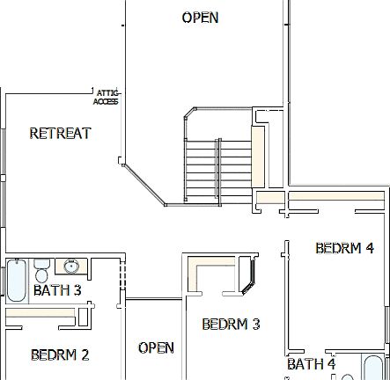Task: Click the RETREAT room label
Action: pos(60,134)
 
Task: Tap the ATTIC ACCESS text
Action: pos(106,97)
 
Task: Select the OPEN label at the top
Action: pos(200,18)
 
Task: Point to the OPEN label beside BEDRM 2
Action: pos(156,348)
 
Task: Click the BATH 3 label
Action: pos(57,290)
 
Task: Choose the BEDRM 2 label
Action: pos(60,355)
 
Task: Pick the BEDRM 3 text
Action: pos(231,325)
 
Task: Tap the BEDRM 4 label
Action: pos(344,248)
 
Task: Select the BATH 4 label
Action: pos(311,363)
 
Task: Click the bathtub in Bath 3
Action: pos(16,280)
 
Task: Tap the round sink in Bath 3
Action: pos(70,267)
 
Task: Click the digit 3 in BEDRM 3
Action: pos(255,325)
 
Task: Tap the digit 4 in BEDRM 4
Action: pos(369,248)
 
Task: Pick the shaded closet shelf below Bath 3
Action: pos(44,312)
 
